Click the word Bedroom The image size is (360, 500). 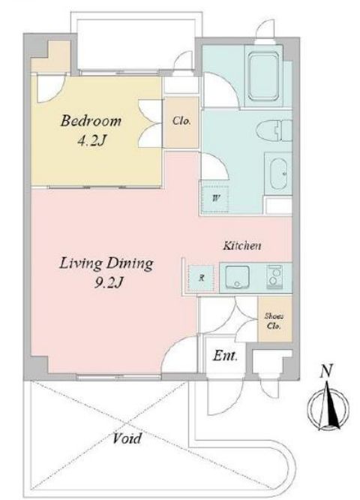click(91, 121)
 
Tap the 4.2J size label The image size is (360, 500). click(91, 140)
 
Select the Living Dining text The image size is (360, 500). click(106, 264)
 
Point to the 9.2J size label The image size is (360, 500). click(108, 282)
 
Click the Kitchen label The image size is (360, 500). click(241, 245)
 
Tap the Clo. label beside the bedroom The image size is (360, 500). click(181, 121)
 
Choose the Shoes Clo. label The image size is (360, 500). click(274, 321)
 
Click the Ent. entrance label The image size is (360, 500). click(225, 356)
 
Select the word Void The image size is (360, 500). click(127, 438)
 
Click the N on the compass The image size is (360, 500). click(326, 371)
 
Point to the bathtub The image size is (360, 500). click(263, 77)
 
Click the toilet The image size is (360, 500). click(274, 131)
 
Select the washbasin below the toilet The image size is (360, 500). click(278, 173)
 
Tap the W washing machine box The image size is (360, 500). click(215, 198)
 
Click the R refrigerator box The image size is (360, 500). click(201, 278)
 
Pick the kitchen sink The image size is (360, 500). click(237, 276)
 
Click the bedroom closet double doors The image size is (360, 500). click(150, 124)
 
